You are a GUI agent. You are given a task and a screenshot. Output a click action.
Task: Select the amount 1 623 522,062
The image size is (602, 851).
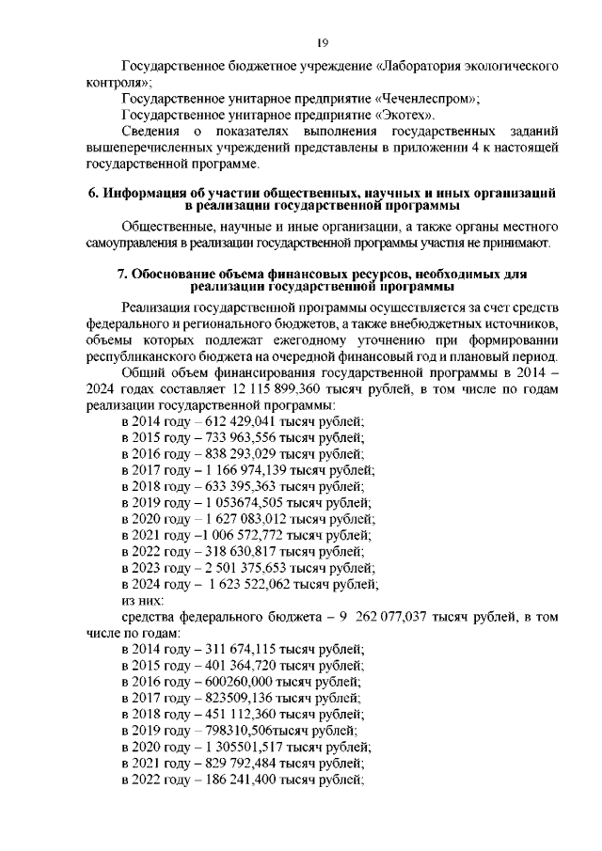(247, 584)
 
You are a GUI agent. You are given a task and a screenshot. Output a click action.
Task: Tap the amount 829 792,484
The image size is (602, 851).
(237, 764)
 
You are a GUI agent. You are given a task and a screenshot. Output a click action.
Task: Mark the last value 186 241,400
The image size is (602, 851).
(237, 780)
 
